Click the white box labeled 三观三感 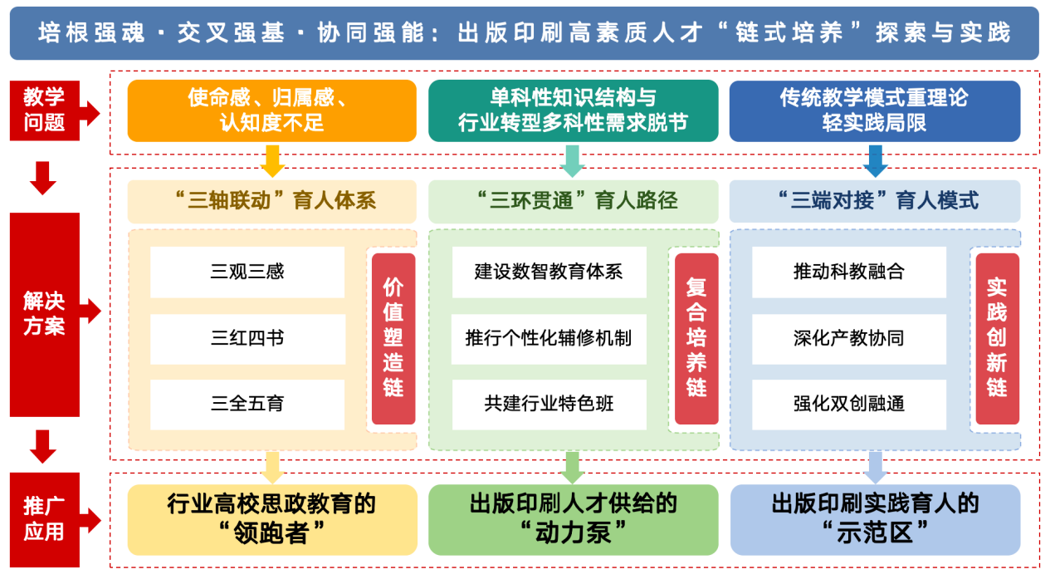[x=247, y=272]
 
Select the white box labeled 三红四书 [x=247, y=338]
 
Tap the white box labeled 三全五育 [x=247, y=405]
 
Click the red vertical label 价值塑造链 [x=393, y=338]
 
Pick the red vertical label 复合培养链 [x=696, y=338]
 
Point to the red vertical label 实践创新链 [x=997, y=338]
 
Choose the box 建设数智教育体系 [x=549, y=272]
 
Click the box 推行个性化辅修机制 [x=549, y=338]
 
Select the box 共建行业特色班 [x=549, y=405]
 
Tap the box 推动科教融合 [x=849, y=272]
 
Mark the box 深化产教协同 [x=849, y=338]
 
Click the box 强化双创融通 [x=849, y=405]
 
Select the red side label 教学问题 [x=44, y=110]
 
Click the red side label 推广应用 [x=44, y=519]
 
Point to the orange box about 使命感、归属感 [x=271, y=110]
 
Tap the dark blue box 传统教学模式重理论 [x=874, y=110]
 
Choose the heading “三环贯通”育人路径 [x=573, y=200]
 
